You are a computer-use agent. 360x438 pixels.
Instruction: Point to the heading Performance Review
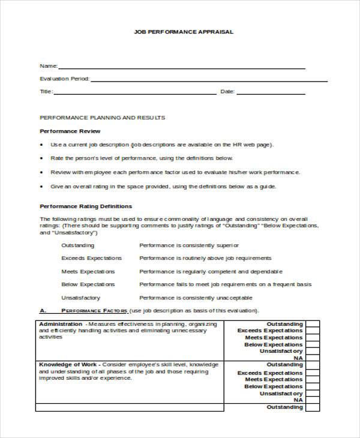70,131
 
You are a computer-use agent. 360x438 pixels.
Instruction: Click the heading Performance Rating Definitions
85,206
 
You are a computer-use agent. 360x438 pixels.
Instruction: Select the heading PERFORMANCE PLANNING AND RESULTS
102,118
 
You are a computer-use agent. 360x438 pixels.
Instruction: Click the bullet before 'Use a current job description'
41,145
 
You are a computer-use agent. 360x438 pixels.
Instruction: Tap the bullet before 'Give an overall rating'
41,186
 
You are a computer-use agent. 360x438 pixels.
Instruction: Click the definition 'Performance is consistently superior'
189,245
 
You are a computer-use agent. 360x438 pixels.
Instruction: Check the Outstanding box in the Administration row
313,324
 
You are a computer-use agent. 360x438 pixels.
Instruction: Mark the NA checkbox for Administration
313,358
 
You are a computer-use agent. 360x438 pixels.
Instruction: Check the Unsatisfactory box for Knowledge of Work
313,393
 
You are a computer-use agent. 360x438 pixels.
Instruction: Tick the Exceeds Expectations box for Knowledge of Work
313,372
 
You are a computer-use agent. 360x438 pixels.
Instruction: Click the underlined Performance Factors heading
95,311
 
